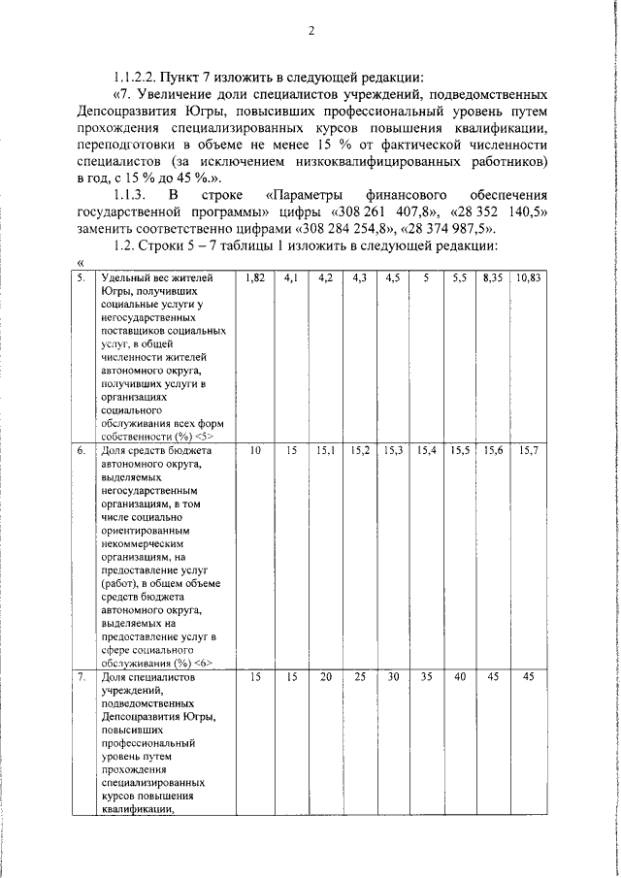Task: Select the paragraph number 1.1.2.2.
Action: click(139, 77)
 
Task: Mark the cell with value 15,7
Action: click(529, 451)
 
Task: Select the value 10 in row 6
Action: click(256, 451)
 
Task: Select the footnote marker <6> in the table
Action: click(202, 663)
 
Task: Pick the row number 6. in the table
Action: click(82, 451)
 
